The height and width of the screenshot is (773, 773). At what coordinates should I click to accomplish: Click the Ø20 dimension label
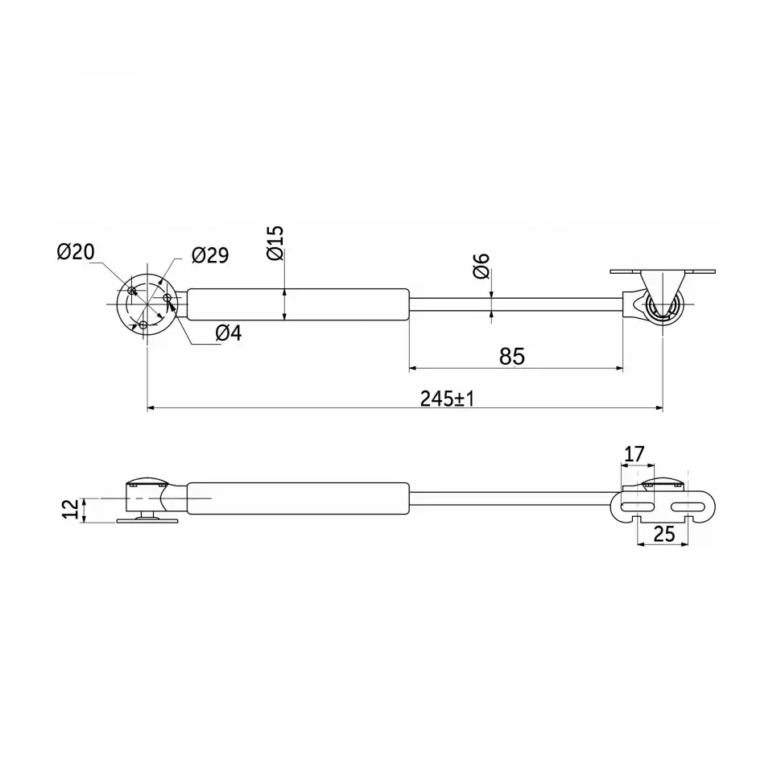tap(76, 252)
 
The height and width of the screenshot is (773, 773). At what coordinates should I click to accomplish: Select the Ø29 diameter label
tap(210, 255)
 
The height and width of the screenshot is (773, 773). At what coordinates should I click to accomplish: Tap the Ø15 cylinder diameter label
tap(275, 243)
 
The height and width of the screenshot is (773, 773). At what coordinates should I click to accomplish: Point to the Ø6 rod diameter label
tap(482, 266)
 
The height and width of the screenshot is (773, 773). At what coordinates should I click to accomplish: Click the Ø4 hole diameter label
tap(229, 333)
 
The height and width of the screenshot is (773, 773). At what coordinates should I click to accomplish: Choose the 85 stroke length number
tap(512, 356)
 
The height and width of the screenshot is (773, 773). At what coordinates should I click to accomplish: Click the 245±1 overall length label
tap(447, 399)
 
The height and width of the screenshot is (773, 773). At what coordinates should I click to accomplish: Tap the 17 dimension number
tap(634, 454)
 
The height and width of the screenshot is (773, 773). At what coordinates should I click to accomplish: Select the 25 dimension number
tap(663, 534)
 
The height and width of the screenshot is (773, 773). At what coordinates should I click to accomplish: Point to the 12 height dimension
tap(71, 509)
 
